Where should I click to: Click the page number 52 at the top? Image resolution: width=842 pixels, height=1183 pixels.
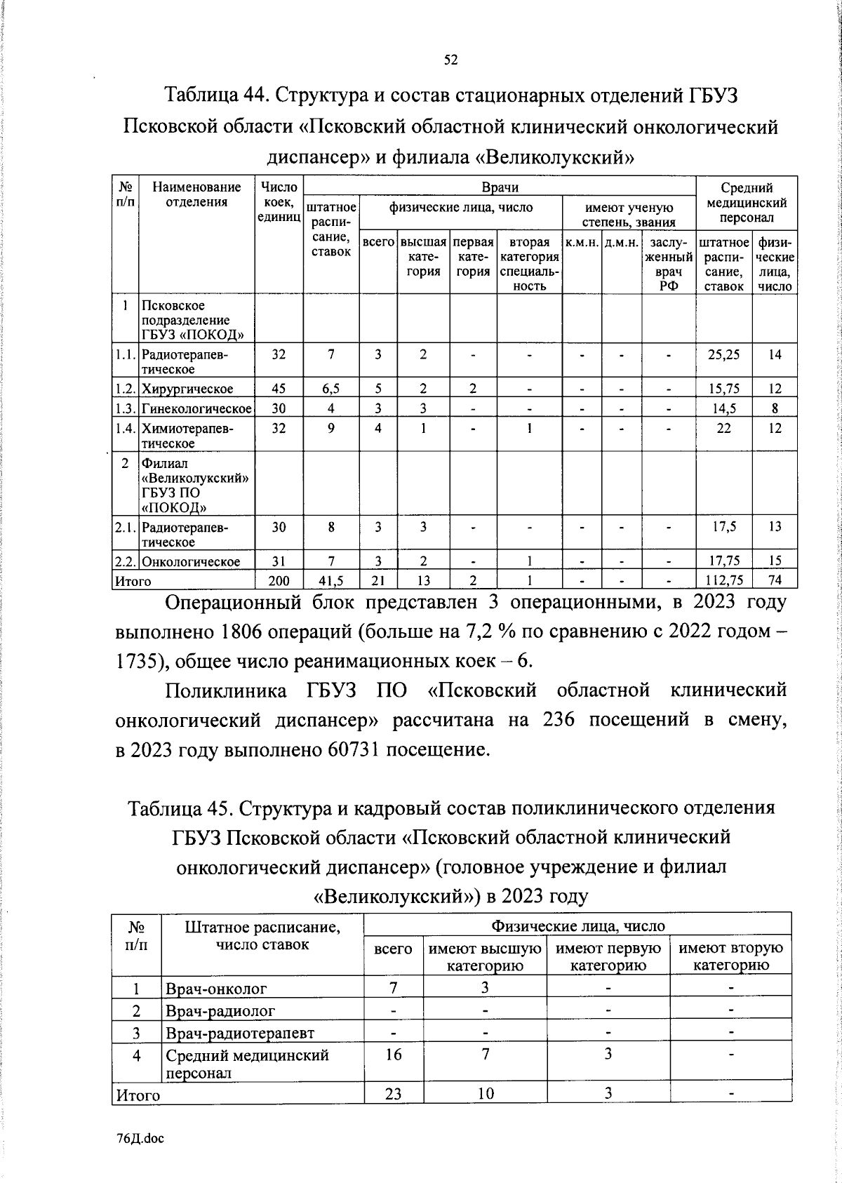451,60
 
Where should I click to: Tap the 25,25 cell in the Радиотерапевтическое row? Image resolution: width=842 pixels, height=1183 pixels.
723,355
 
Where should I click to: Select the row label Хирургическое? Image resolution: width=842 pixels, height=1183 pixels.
187,389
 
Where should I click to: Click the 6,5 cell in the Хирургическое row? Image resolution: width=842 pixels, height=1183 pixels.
330,389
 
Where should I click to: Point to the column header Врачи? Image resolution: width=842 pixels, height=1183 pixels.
500,187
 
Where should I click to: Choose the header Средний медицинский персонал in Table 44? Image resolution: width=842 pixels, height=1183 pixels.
747,202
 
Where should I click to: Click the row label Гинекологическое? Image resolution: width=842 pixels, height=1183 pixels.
196,408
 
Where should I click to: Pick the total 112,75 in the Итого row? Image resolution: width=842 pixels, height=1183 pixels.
723,580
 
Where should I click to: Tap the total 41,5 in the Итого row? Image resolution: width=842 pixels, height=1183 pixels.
330,580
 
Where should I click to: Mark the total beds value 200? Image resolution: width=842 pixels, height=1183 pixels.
279,580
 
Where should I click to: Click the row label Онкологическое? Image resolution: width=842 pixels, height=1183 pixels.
191,561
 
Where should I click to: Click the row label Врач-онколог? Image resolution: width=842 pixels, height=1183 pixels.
216,989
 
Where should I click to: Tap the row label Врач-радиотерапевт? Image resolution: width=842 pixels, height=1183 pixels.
240,1033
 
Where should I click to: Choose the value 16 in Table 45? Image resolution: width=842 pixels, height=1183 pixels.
394,1055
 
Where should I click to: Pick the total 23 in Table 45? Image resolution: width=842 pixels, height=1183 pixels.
394,1094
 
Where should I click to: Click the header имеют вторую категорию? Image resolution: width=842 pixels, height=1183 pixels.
730,956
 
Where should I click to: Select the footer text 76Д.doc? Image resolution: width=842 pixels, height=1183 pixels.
140,1139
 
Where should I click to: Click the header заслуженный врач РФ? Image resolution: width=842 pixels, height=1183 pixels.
669,264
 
